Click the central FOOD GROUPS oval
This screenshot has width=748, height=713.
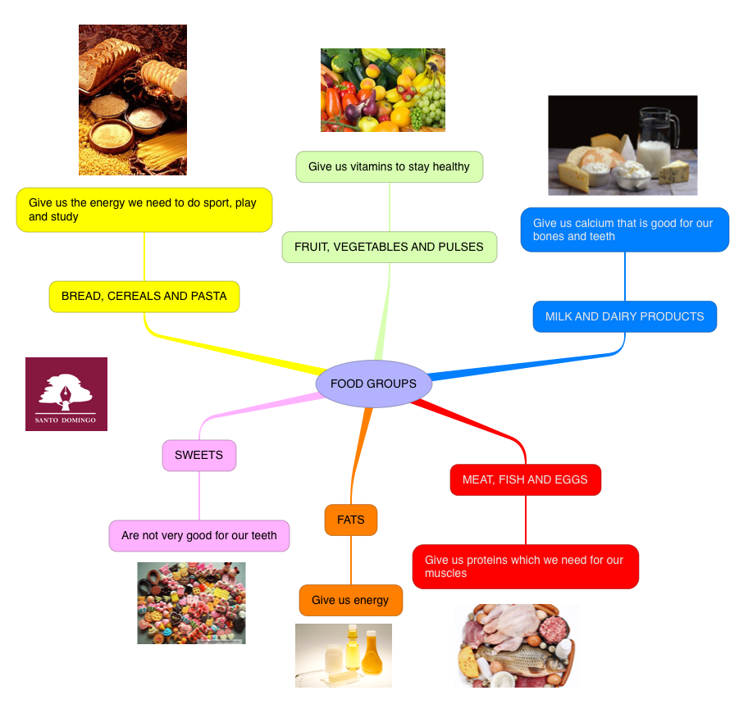click(x=373, y=384)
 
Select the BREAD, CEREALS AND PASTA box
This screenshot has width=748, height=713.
click(x=144, y=296)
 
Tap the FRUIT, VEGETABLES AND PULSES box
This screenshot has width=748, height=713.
click(x=390, y=247)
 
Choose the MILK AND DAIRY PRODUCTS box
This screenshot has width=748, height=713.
click(x=625, y=316)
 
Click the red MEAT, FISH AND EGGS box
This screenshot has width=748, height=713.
click(x=525, y=479)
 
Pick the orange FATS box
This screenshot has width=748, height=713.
click(x=351, y=520)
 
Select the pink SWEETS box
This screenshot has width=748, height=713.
click(x=199, y=455)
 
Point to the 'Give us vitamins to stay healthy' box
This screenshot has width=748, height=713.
click(x=390, y=166)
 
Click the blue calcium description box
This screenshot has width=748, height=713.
click(x=625, y=229)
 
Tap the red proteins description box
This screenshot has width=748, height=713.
click(x=525, y=566)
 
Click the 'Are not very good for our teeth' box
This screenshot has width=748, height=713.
click(x=199, y=535)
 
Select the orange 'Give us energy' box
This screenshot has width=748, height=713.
click(x=351, y=600)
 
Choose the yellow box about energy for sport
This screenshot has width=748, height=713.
click(x=144, y=210)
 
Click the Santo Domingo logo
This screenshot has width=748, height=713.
click(x=66, y=394)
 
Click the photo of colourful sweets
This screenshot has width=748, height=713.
click(x=191, y=602)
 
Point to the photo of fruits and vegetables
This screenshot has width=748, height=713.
click(x=383, y=89)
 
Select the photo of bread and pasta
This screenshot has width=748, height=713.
click(x=133, y=100)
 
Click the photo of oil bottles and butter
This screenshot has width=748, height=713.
click(x=344, y=655)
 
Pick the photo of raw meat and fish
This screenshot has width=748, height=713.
click(x=517, y=646)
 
